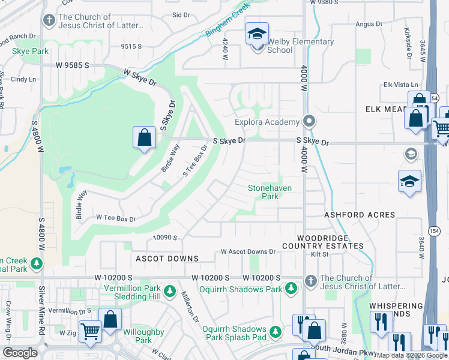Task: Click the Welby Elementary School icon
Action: click(x=257, y=35)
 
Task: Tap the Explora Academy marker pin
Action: click(x=309, y=122)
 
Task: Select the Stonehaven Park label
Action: click(x=270, y=192)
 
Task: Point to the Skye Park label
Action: click(x=31, y=52)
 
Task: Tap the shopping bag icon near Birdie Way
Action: click(x=145, y=138)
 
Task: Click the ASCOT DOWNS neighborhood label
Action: click(x=167, y=259)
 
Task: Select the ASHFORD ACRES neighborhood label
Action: click(x=360, y=214)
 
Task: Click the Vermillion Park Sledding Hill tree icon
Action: click(x=170, y=291)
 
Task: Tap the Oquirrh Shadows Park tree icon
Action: click(x=291, y=289)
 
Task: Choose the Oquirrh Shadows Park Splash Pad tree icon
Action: click(x=275, y=331)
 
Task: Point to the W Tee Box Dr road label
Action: click(x=116, y=219)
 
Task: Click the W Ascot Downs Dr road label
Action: click(x=248, y=252)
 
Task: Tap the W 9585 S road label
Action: click(x=73, y=65)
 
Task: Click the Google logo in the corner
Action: click(x=20, y=353)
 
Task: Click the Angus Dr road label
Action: click(x=369, y=24)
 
